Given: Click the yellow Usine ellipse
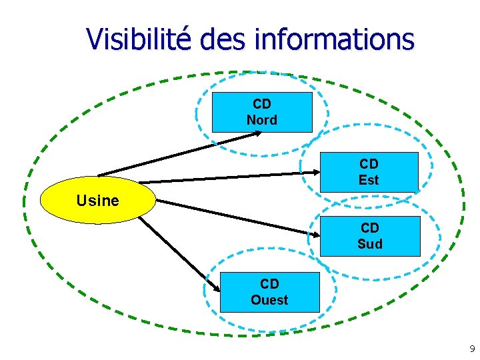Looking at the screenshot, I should [x=97, y=200].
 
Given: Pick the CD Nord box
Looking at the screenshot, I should [x=262, y=112].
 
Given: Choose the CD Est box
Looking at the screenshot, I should [x=369, y=172].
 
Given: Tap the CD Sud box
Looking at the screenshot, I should [x=370, y=236].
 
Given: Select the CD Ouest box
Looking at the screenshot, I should [x=269, y=292].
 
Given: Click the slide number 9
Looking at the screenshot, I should [x=472, y=349].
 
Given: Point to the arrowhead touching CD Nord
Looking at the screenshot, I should [x=258, y=133].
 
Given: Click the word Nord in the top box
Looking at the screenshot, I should [x=262, y=120].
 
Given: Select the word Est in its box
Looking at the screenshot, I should [x=369, y=180].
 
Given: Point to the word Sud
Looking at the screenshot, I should [x=370, y=244].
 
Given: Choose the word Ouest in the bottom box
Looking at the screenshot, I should [x=269, y=300].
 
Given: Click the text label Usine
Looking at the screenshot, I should [x=97, y=200].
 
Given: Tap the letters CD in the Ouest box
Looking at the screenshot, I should [x=269, y=284].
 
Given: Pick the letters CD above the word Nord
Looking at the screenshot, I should [x=262, y=104].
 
